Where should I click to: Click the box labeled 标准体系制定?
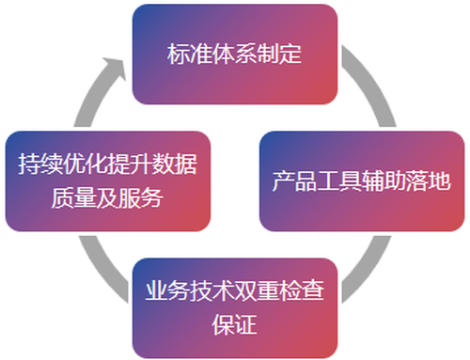click(x=235, y=55)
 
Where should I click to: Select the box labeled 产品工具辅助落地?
click(x=362, y=181)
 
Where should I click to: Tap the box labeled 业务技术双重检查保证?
click(x=235, y=308)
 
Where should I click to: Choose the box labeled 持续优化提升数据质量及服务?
click(x=108, y=181)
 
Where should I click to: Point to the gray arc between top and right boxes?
click(x=373, y=82)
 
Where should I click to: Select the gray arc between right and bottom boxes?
click(x=369, y=271)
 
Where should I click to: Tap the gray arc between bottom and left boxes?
click(x=101, y=271)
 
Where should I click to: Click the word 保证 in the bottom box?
click(x=235, y=324)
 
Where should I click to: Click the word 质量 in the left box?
click(x=73, y=198)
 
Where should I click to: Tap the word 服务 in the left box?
click(x=141, y=198)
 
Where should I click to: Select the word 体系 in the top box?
click(x=234, y=55)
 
